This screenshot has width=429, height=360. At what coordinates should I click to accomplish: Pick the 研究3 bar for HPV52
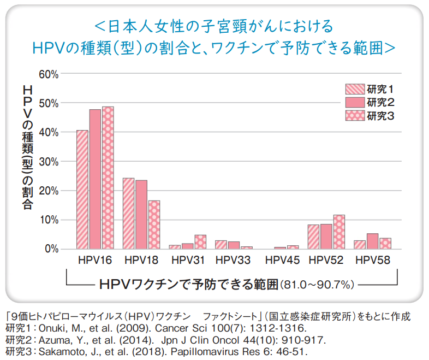coord(339,232)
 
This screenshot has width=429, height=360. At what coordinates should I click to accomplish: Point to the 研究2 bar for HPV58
coord(372,241)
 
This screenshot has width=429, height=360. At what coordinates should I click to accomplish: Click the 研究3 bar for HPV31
coord(200,242)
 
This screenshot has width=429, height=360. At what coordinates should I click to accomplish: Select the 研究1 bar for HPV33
coord(221,244)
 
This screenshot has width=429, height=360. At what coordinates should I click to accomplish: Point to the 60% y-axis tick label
coord(48,74)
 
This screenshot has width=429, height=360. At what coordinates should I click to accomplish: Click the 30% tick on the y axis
coord(48,162)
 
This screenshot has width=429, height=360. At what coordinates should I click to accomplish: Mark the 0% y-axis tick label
coord(50,249)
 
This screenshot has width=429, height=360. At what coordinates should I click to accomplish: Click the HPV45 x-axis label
coord(278,261)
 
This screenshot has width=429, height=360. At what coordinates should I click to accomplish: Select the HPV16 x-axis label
coord(95,261)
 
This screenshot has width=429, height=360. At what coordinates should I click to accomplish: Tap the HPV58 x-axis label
coord(373,261)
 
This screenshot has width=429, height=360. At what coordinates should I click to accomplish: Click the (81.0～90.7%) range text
coord(317,285)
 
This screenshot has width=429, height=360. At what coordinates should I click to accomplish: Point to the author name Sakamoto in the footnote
coord(59,350)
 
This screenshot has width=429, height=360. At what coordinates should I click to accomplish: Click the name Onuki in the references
coord(52,329)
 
